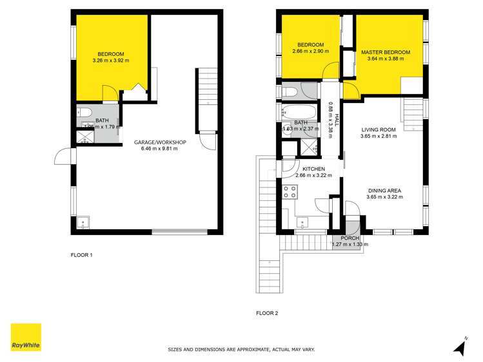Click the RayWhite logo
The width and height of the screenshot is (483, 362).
tap(26, 338)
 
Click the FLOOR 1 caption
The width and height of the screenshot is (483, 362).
tap(82, 255)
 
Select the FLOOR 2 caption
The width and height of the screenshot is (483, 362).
tap(267, 314)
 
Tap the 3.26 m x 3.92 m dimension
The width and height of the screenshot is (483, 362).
tap(111, 61)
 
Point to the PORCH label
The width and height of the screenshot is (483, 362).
tap(350, 238)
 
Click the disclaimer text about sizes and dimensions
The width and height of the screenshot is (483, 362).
tap(241, 350)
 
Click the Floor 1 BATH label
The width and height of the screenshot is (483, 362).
tap(103, 120)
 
